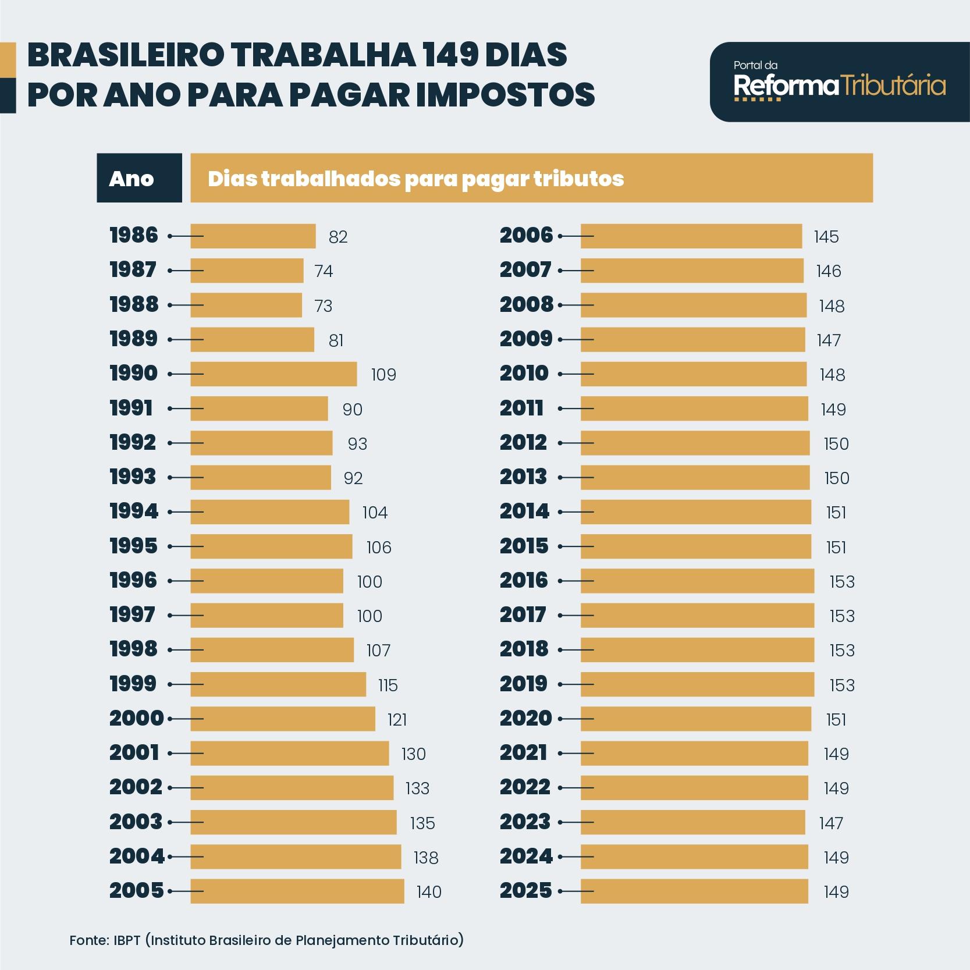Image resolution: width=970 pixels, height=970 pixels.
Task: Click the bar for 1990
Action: click(273, 374)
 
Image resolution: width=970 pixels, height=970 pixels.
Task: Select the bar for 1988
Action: click(246, 305)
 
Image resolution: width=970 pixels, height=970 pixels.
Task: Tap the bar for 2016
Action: click(697, 581)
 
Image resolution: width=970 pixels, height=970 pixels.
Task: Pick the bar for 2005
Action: click(297, 891)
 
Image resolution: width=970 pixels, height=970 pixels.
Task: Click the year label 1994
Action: click(134, 512)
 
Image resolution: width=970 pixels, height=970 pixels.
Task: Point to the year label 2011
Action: click(522, 408)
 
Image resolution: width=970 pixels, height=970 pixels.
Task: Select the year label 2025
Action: click(525, 891)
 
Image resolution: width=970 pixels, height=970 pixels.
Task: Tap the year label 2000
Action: click(137, 719)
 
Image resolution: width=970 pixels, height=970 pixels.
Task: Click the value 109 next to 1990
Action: click(383, 375)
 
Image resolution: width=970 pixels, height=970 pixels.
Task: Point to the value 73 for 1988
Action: click(323, 306)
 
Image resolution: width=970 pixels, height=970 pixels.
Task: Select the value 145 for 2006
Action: click(826, 237)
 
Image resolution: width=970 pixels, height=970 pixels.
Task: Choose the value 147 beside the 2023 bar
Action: click(831, 823)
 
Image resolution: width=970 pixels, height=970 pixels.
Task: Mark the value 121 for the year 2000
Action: click(397, 720)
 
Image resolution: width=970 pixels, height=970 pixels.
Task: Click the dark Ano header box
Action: click(139, 178)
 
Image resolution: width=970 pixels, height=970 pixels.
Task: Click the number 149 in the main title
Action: click(449, 55)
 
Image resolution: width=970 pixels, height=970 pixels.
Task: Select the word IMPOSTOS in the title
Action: click(506, 95)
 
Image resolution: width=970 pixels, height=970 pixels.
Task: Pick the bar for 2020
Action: click(695, 719)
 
